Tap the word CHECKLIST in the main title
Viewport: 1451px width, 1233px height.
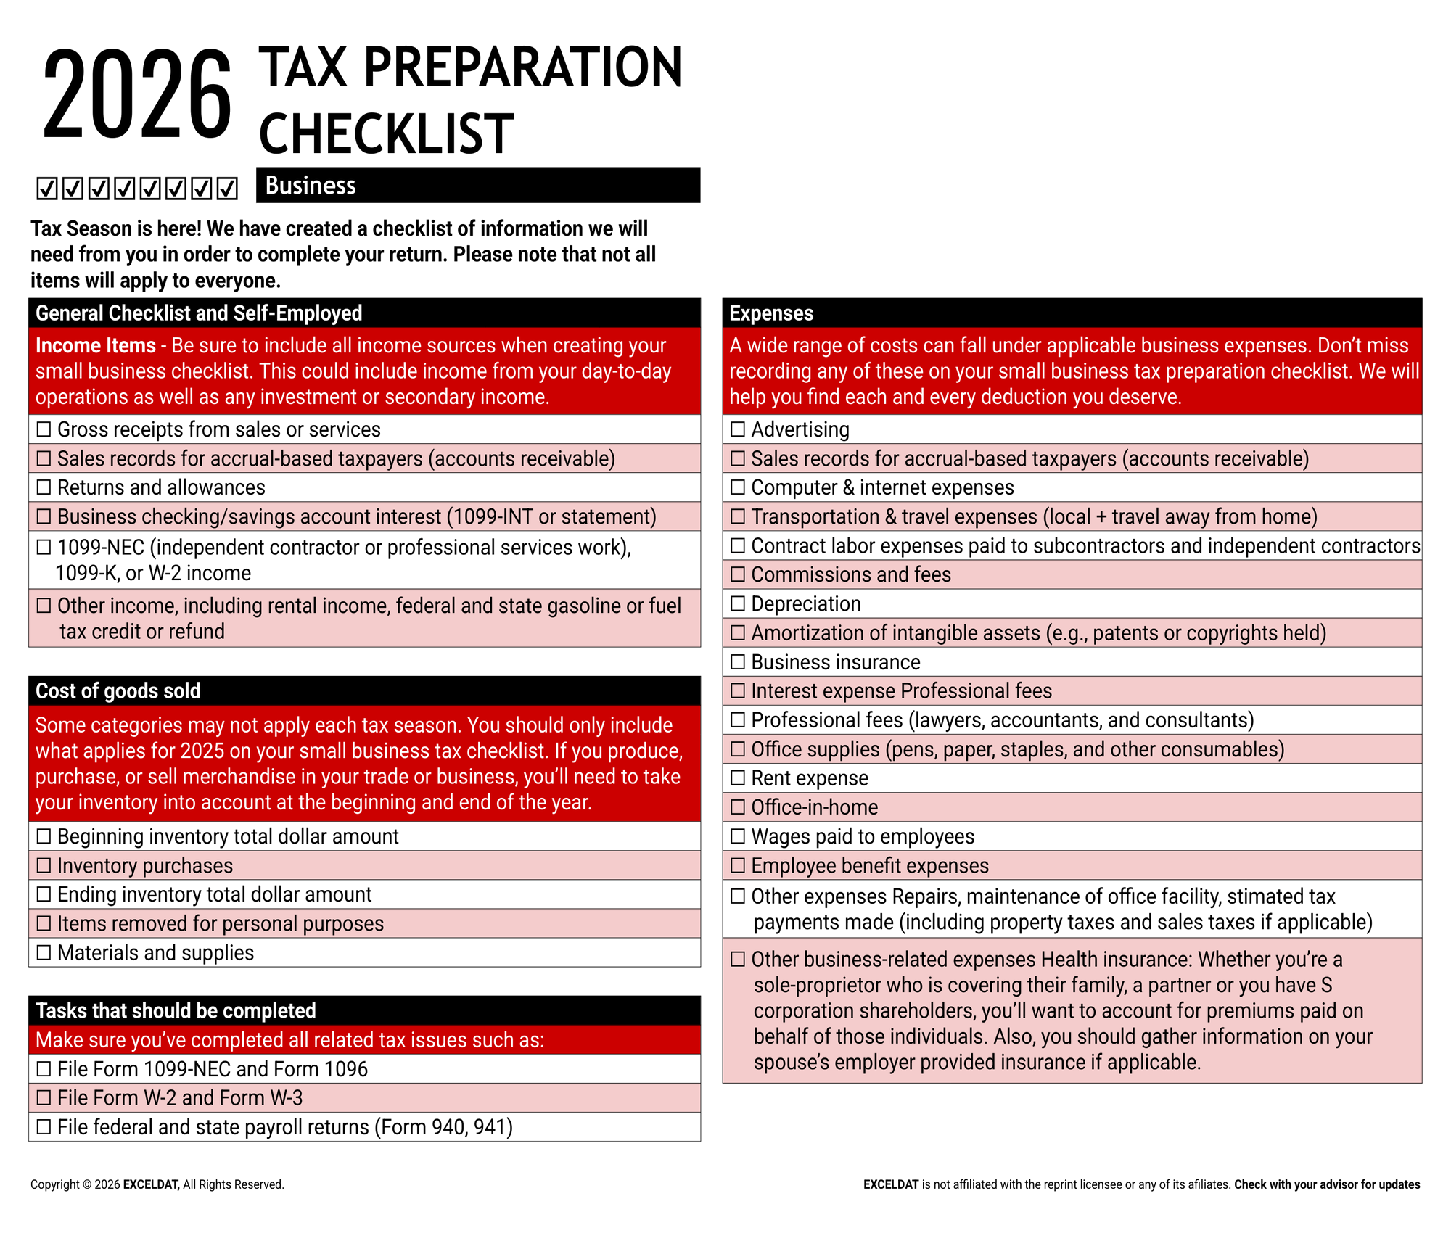pos(387,133)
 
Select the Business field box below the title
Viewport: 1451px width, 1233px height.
pos(478,186)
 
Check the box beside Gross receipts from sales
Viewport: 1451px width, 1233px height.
pos(44,430)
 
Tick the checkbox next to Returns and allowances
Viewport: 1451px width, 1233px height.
pos(44,488)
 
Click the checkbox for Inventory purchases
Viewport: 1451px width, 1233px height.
pos(44,866)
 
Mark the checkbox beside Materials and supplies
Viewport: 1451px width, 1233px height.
pos(44,953)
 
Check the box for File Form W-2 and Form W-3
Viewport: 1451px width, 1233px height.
pos(44,1098)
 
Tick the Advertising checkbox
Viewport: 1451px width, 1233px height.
pos(738,430)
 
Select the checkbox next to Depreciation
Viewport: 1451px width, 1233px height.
pos(738,604)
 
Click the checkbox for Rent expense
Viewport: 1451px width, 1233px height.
pos(738,778)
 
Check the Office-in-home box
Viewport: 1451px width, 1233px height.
pos(738,807)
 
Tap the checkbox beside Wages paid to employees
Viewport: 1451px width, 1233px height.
pos(738,837)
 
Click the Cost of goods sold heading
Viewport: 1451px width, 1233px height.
pos(118,691)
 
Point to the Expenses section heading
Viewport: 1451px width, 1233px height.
pos(771,313)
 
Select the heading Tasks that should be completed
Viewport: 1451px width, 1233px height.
pos(176,1011)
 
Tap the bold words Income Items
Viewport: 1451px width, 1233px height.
pos(96,346)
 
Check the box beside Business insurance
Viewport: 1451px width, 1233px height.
pos(738,662)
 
